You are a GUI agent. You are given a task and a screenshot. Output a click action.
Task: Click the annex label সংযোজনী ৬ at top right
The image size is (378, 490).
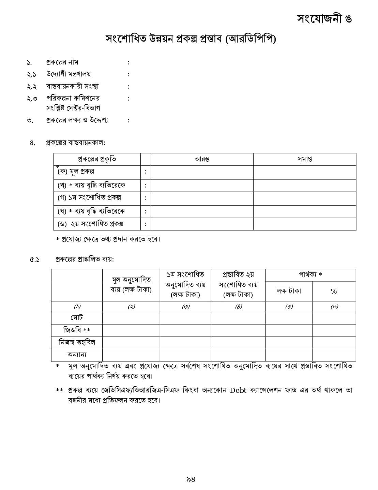[x=324, y=18]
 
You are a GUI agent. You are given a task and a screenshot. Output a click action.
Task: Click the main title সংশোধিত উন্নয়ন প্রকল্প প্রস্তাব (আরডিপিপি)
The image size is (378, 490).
[x=191, y=40]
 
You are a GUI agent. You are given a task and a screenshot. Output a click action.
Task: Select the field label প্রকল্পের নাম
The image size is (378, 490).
[x=62, y=62]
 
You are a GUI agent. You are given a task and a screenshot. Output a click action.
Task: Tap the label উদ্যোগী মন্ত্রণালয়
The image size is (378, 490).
[x=69, y=74]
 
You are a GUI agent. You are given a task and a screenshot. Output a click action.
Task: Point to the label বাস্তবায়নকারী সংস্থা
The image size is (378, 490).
[x=73, y=86]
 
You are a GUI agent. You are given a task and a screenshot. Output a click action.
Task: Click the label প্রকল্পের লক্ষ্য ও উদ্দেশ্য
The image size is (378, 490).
[x=77, y=120]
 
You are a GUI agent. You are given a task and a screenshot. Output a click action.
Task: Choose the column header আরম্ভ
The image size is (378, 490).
[x=202, y=159]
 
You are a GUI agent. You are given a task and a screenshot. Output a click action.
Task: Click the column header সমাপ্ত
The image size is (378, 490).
[x=304, y=159]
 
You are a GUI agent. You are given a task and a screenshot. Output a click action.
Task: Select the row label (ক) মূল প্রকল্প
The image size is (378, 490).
[x=76, y=172]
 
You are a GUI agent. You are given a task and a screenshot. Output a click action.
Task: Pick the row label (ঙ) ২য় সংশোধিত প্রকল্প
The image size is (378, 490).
[x=90, y=224]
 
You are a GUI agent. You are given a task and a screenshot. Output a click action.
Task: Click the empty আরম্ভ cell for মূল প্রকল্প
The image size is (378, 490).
[x=202, y=172]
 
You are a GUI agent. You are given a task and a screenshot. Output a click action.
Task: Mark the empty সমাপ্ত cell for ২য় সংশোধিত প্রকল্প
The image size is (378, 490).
[x=304, y=224]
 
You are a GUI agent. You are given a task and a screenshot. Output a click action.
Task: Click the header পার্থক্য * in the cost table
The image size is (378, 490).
[x=310, y=274]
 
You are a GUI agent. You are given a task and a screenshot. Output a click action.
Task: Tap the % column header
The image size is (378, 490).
[x=334, y=291]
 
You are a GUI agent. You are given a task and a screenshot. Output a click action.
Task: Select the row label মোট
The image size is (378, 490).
[x=77, y=317]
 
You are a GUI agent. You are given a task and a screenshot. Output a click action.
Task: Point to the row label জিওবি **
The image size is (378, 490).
[x=77, y=330]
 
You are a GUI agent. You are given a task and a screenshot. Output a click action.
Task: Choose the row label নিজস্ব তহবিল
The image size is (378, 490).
[x=77, y=342]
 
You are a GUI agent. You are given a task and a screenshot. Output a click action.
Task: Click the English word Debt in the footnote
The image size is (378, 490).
[x=238, y=390]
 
